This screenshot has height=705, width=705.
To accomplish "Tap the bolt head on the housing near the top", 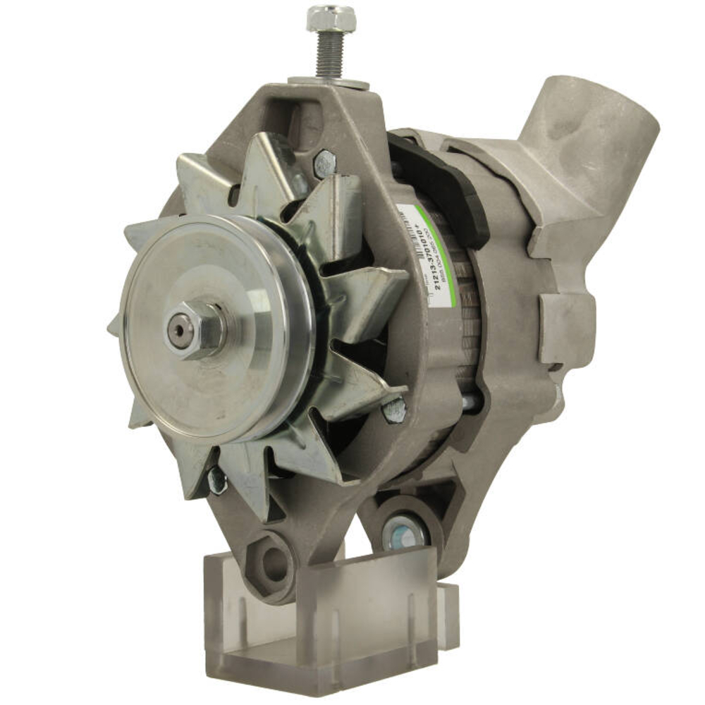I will (324, 164).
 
